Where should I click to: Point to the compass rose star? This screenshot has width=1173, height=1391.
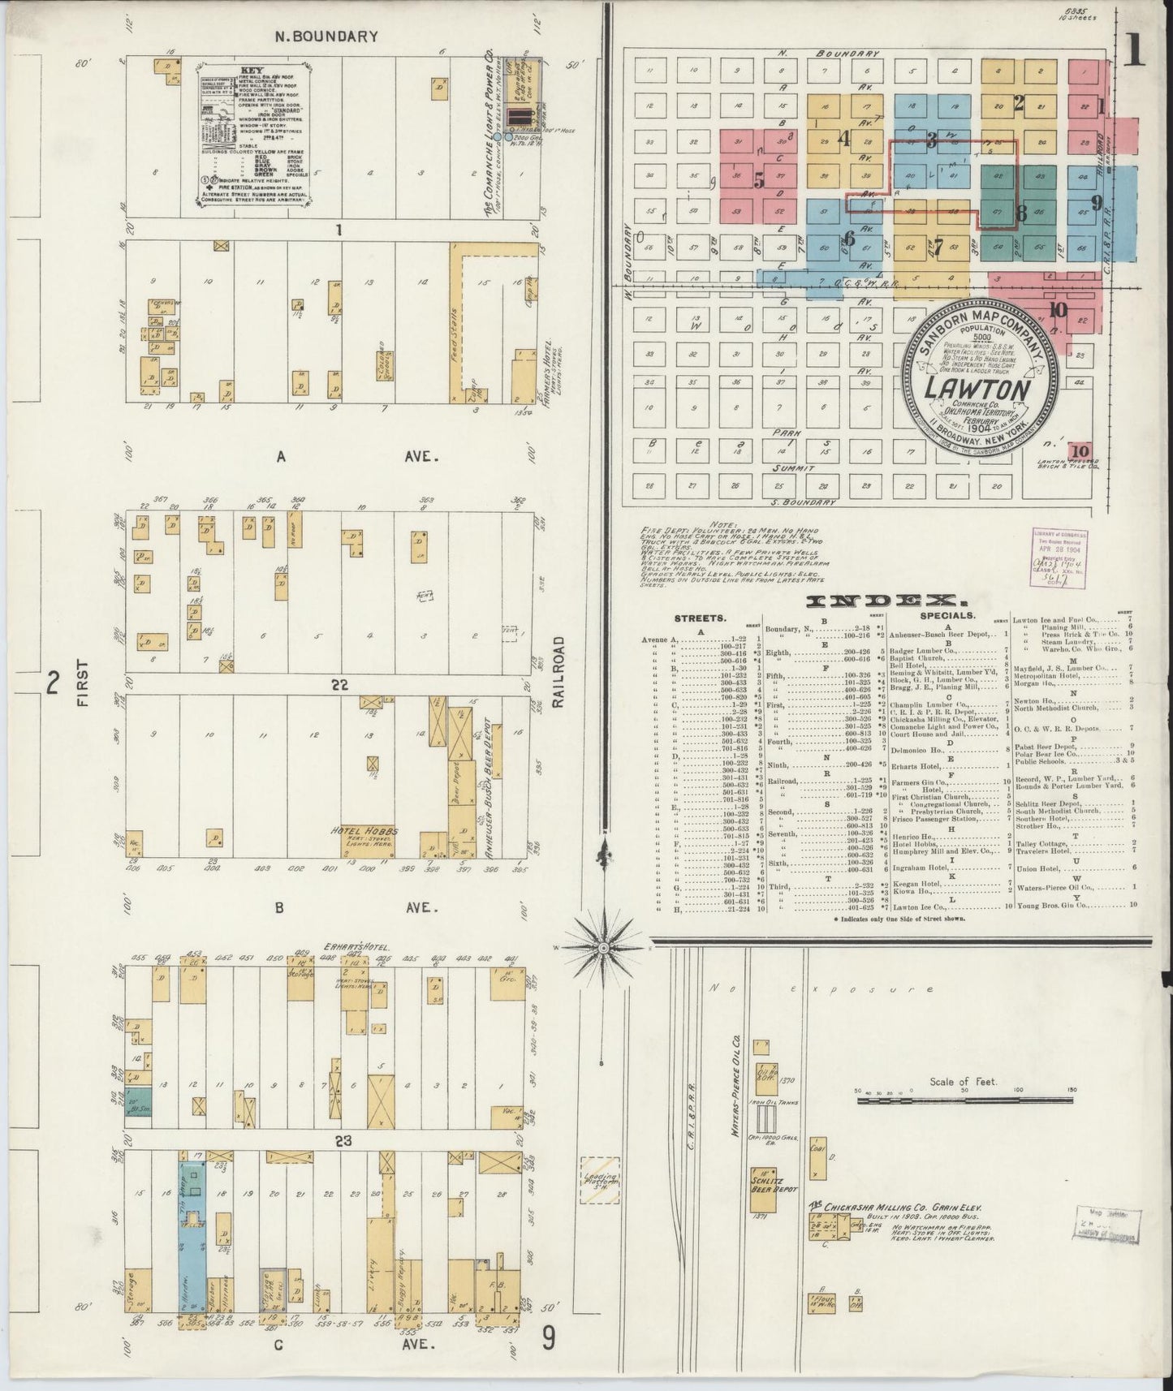click(x=604, y=948)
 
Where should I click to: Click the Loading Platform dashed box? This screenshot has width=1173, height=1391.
click(x=600, y=1180)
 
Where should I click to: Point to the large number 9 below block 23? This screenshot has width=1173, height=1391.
click(x=550, y=1338)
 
